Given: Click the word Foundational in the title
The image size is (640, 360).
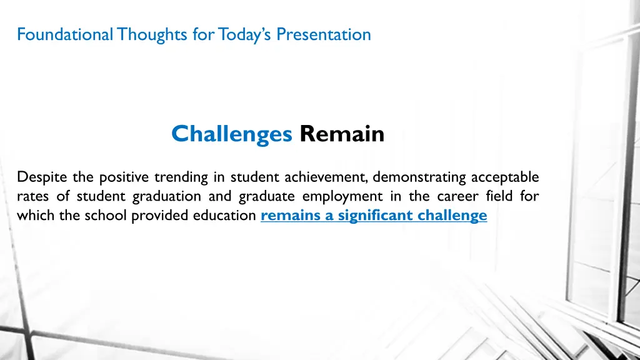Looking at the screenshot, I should [x=63, y=34].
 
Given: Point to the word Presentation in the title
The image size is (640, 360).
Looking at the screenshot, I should [x=323, y=34].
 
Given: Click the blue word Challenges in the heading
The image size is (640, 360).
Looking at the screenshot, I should [x=231, y=134].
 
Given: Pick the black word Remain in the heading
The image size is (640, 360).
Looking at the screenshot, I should [x=341, y=134].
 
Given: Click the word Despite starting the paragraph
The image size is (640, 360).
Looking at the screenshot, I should [x=41, y=177].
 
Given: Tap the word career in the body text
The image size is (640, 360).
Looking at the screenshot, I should [x=457, y=197].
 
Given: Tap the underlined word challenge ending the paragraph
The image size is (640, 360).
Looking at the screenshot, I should [x=455, y=216].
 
